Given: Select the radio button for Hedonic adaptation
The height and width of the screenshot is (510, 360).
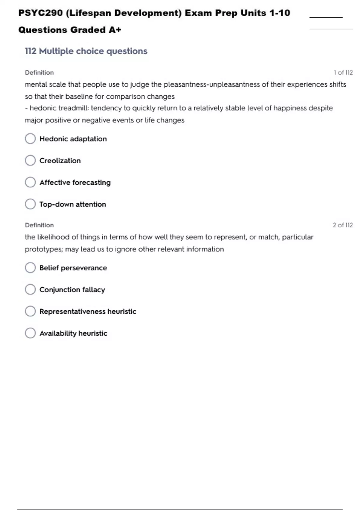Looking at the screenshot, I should (x=30, y=139).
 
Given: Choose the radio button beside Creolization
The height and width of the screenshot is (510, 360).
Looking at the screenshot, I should (x=30, y=160).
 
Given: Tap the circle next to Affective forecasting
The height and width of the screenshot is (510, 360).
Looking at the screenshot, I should (x=30, y=182).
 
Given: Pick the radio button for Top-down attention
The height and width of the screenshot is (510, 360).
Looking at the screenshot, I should (x=30, y=204).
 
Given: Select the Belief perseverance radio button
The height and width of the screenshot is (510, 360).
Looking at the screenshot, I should (x=30, y=268).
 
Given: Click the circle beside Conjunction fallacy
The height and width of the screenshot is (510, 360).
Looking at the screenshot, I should (x=30, y=289).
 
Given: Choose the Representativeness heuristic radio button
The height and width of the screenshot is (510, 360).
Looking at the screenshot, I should (x=30, y=311).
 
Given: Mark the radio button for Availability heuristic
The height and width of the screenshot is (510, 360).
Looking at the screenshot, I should (x=30, y=333).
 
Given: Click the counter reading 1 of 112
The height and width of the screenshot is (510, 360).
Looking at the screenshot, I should (x=343, y=73).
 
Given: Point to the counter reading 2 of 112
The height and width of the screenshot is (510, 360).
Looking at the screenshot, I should (x=343, y=225).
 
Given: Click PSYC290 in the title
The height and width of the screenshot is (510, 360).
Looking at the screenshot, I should (x=40, y=13).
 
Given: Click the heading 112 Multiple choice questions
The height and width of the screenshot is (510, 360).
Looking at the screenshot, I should (x=86, y=51).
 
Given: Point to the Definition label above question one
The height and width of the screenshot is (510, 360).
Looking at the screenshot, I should (x=39, y=73).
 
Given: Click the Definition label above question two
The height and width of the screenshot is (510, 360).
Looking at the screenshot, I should (x=39, y=225).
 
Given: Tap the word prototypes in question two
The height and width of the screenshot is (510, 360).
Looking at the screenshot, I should (x=44, y=249).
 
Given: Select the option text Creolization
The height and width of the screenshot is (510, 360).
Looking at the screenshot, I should (x=60, y=161).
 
